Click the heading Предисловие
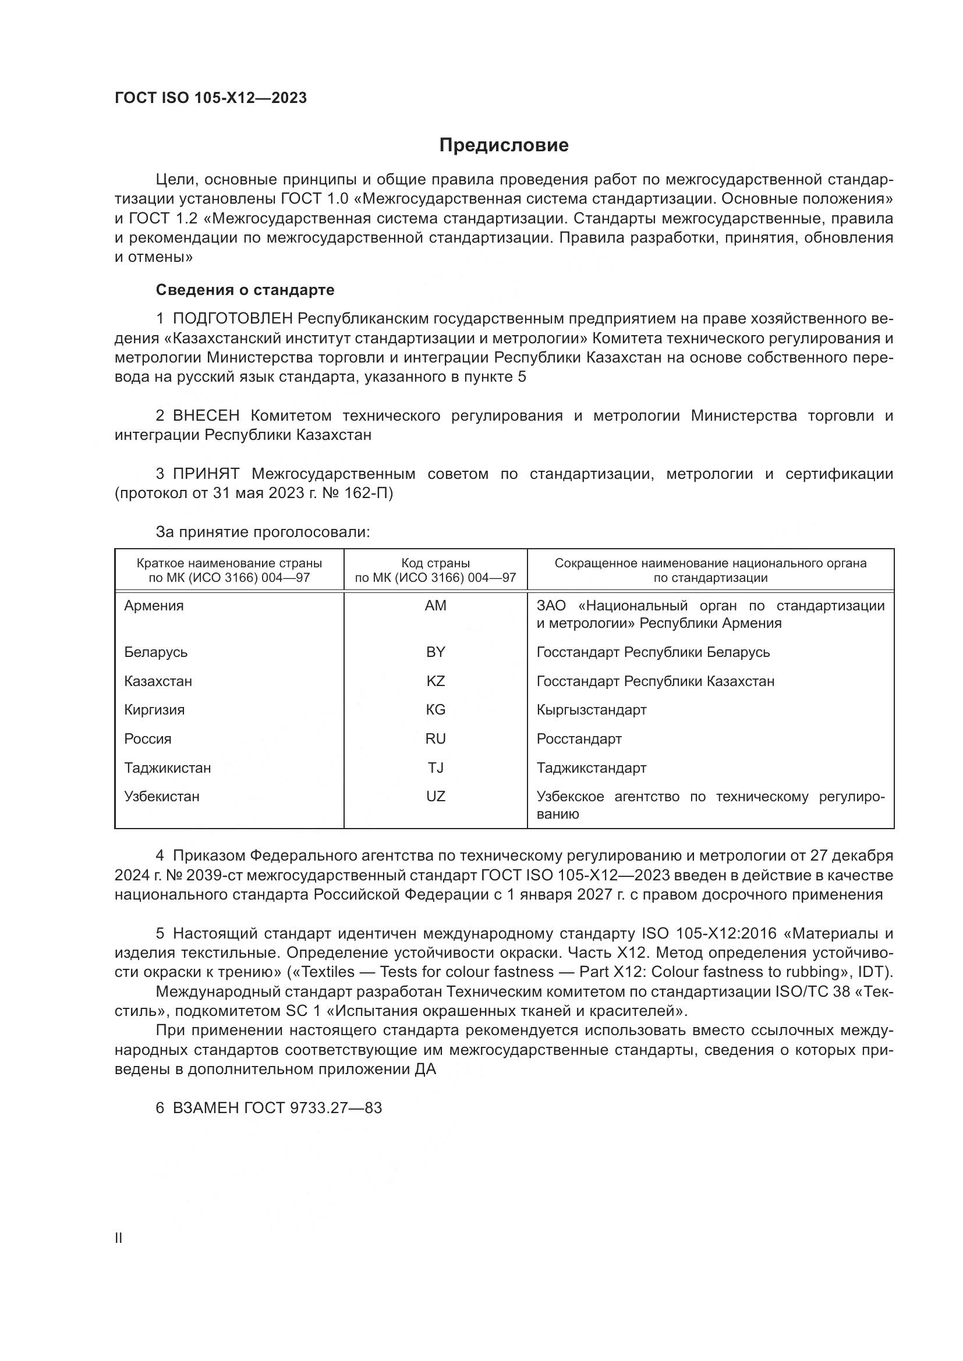tap(504, 145)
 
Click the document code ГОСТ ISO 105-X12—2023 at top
tap(211, 98)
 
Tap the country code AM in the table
tap(436, 605)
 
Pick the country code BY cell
tap(436, 652)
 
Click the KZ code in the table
tap(436, 681)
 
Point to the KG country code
tap(436, 709)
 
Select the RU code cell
tap(436, 738)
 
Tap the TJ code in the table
tap(436, 767)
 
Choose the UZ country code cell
tap(436, 796)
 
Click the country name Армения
tap(154, 606)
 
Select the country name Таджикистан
tap(167, 768)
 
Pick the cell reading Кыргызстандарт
tap(591, 710)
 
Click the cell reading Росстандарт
tap(579, 739)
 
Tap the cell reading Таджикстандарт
tap(591, 768)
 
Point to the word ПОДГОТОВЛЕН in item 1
tap(232, 319)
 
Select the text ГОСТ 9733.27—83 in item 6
tap(313, 1107)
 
